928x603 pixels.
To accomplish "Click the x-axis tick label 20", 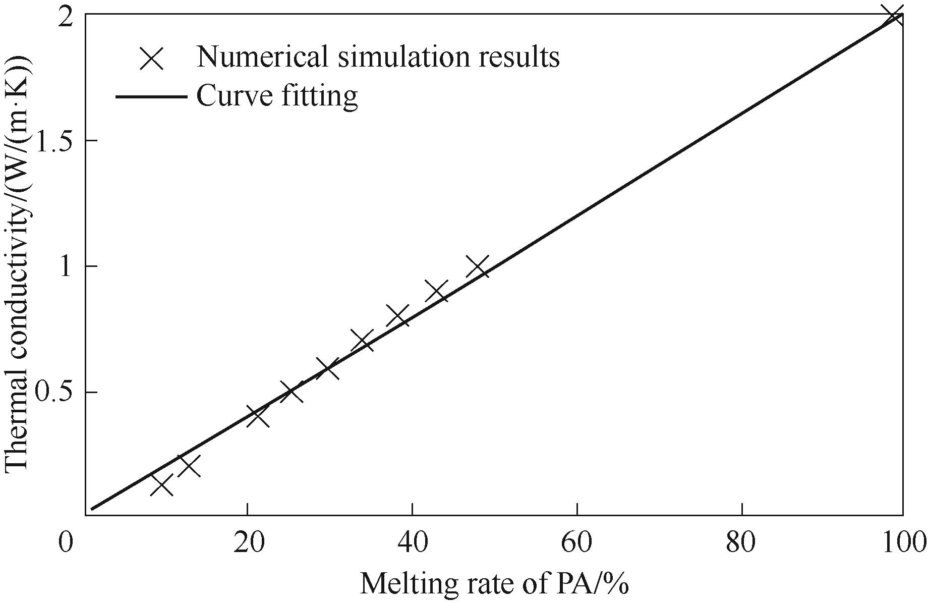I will [x=247, y=544].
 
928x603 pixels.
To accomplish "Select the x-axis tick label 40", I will [x=412, y=544].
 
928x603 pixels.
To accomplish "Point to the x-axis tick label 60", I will [x=577, y=544].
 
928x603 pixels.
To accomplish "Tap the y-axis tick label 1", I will [x=68, y=266].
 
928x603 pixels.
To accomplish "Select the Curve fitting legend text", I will [x=277, y=95].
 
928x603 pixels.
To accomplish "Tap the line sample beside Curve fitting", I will [x=151, y=95].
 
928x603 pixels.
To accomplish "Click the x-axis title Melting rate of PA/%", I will [x=494, y=584].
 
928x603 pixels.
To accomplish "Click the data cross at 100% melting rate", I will [x=894, y=15].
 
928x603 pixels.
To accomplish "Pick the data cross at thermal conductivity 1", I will [x=478, y=266].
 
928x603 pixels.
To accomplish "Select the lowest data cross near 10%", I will [x=162, y=485].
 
